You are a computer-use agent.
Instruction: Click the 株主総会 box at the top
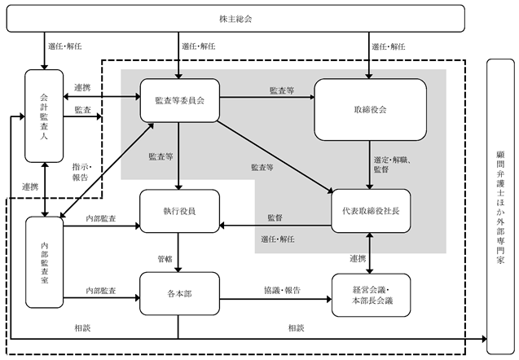(235, 19)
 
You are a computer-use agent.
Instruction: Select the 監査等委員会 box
(180, 100)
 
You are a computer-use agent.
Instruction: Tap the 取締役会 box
(370, 109)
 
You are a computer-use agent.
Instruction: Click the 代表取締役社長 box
(371, 211)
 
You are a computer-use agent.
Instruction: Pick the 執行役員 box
(180, 211)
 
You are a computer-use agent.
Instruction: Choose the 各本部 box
(180, 293)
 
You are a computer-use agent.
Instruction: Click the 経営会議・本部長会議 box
(371, 295)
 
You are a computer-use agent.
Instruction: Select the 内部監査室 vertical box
(44, 262)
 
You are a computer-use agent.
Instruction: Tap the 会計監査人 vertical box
(44, 116)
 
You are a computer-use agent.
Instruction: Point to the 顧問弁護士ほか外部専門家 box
(500, 207)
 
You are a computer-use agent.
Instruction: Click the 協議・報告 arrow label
(282, 290)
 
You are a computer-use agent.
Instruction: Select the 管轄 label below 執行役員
(165, 259)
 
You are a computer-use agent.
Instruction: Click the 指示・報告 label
(81, 172)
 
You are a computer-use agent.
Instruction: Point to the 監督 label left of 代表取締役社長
(275, 217)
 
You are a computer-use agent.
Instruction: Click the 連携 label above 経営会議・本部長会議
(358, 258)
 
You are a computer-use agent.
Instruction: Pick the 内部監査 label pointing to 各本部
(101, 291)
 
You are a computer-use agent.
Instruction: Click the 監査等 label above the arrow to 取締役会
(282, 90)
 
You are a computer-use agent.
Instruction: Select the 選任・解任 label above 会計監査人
(65, 46)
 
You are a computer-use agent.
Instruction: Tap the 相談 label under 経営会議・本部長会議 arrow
(297, 328)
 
